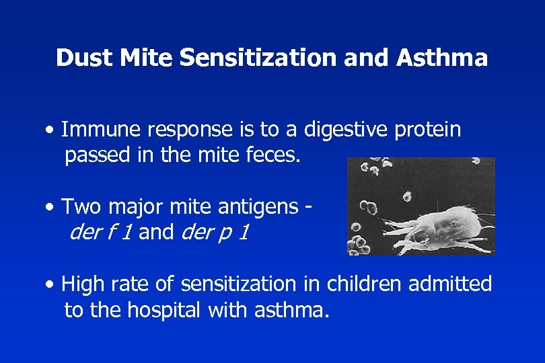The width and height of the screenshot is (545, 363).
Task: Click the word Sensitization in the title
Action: pos(258,58)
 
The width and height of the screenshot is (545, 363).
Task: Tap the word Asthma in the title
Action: pos(441,58)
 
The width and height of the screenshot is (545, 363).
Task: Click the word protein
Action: pos(433,129)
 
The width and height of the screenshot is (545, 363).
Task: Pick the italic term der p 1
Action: pos(216,232)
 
